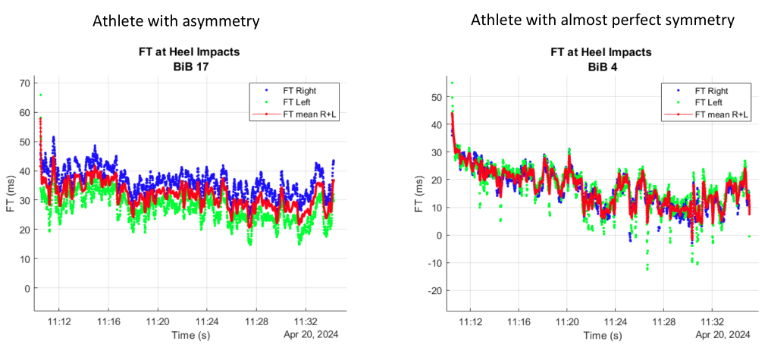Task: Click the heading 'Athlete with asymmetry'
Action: pyautogui.click(x=176, y=21)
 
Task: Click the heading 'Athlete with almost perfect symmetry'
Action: pyautogui.click(x=603, y=20)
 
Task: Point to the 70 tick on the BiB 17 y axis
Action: pyautogui.click(x=24, y=83)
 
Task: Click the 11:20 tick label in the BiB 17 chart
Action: pyautogui.click(x=158, y=321)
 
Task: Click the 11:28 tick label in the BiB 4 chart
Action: pyautogui.click(x=665, y=321)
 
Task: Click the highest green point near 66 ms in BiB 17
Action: pyautogui.click(x=40, y=95)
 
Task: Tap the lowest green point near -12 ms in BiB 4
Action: pyautogui.click(x=647, y=268)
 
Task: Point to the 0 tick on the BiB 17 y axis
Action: pyautogui.click(x=27, y=289)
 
